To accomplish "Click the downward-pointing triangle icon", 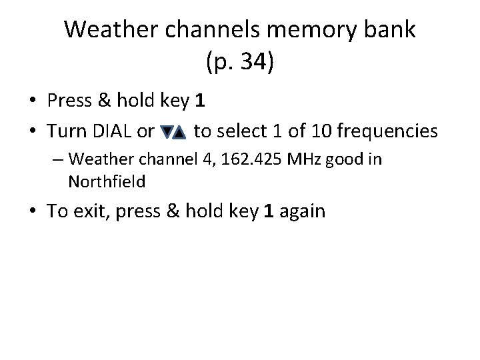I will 167,133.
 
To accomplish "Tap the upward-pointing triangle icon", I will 179,133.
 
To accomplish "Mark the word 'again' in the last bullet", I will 303,212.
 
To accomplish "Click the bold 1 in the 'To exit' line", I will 268,211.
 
